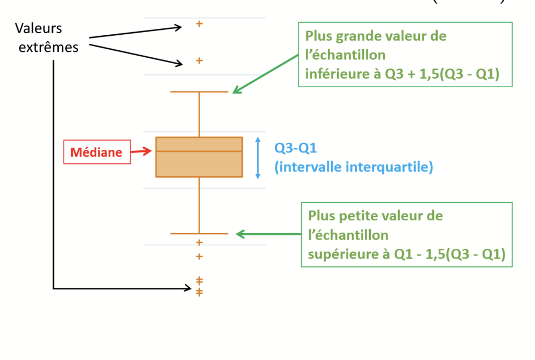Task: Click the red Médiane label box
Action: [97, 152]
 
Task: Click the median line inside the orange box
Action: [199, 151]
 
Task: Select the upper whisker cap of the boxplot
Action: [199, 92]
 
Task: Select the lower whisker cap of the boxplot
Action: [199, 234]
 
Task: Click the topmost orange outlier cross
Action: [199, 24]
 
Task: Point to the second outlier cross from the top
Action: [199, 60]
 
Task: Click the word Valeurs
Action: [39, 28]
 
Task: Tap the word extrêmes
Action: [49, 47]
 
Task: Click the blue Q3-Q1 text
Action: [292, 148]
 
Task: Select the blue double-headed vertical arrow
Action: [258, 157]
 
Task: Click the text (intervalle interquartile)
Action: [354, 167]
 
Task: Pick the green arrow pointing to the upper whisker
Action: [264, 73]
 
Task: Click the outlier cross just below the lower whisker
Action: [200, 242]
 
